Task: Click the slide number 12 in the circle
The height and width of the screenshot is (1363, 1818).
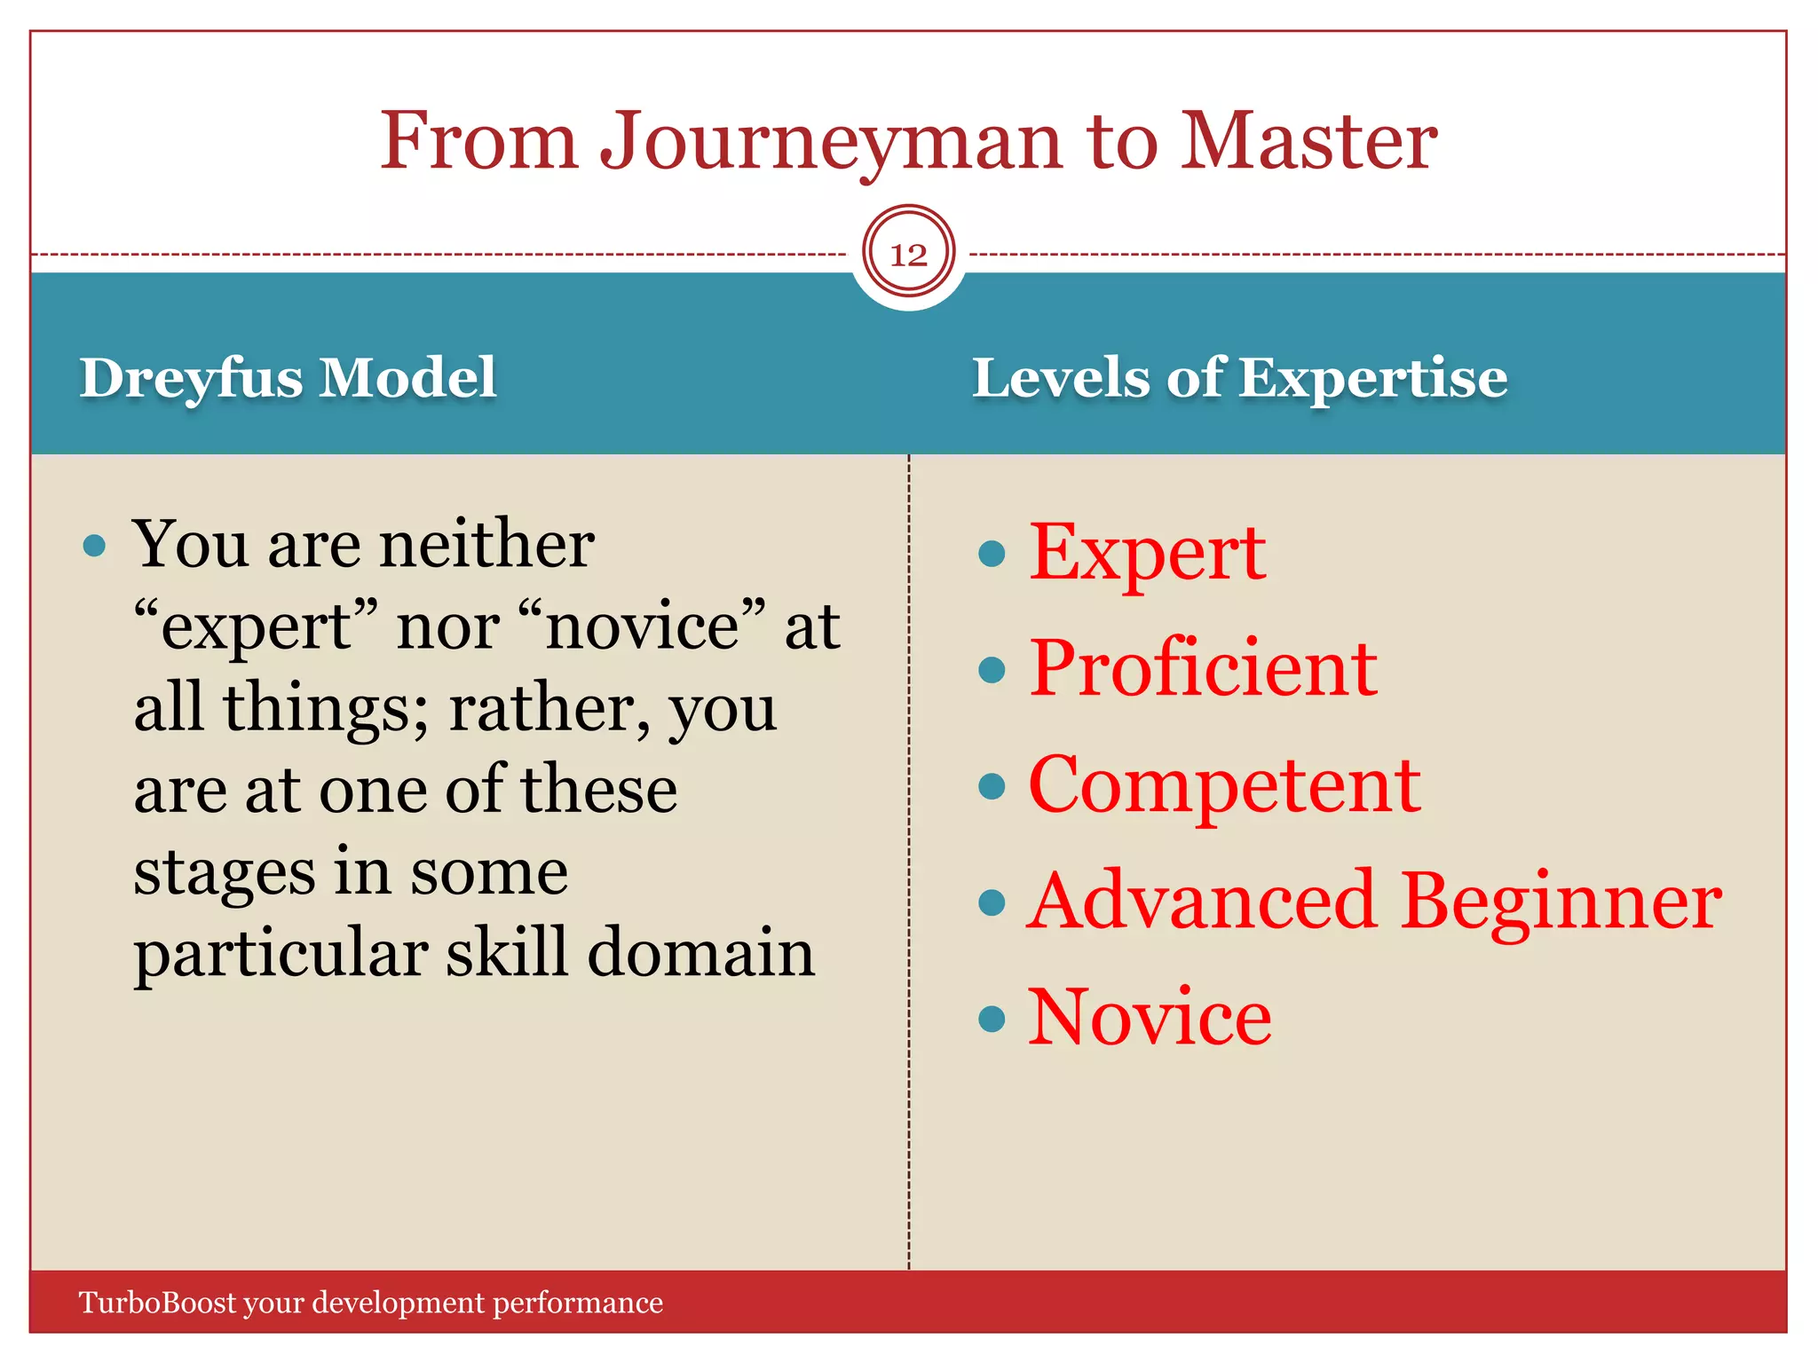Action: click(x=908, y=255)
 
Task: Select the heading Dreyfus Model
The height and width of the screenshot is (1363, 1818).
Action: click(x=288, y=378)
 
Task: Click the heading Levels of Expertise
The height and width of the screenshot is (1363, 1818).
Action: click(x=1239, y=378)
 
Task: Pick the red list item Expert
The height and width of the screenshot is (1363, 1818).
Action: click(x=1147, y=554)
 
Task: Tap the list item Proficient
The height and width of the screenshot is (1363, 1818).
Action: click(x=1203, y=668)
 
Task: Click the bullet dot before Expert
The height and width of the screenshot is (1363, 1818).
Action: click(x=991, y=555)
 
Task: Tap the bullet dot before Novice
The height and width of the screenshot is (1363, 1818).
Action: click(x=991, y=1019)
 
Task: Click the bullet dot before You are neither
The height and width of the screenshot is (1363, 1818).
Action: click(x=94, y=545)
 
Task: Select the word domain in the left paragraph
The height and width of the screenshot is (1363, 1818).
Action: click(x=700, y=953)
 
